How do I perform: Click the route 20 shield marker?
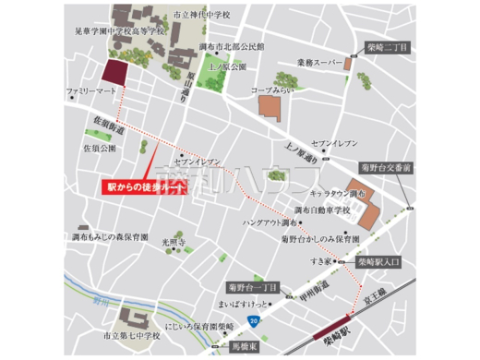252,318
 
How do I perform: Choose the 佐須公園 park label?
100,146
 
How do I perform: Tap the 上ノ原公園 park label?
228,66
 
